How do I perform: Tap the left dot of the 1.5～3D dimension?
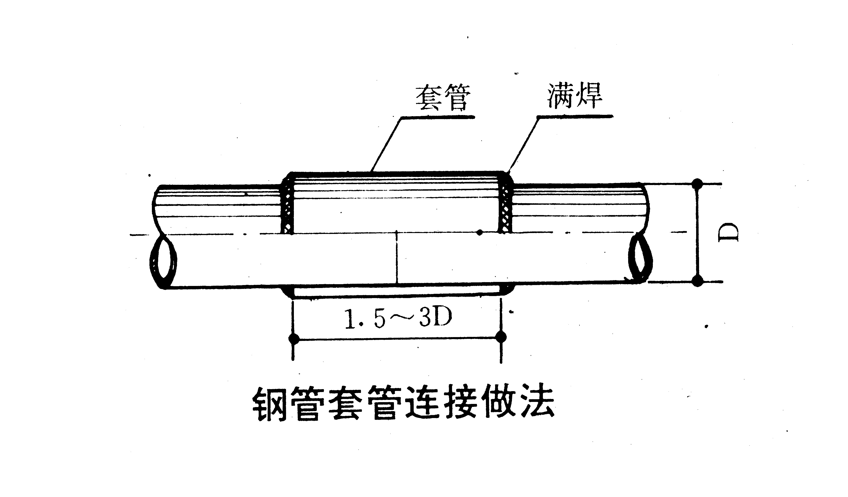point(294,338)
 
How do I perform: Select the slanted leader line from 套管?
point(386,145)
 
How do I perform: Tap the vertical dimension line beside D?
point(698,232)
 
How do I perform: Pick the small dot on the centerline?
point(480,232)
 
